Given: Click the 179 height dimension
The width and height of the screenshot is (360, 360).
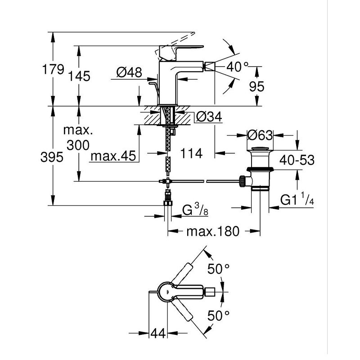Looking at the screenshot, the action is click(53, 69).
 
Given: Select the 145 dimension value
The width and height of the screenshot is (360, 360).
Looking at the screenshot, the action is click(79, 76).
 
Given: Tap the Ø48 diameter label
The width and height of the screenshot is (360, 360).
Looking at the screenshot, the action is click(129, 72).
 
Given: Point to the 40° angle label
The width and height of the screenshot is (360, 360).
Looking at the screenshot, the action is click(237, 67).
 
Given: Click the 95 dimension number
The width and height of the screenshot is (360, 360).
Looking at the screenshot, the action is click(256, 86).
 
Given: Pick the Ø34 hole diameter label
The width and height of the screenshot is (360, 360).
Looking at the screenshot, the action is click(209, 117).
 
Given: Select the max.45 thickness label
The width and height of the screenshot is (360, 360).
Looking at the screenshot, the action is click(113, 156).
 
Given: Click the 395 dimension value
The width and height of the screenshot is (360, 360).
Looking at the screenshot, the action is click(52, 157).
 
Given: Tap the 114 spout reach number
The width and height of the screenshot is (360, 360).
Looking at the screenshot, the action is click(192, 153).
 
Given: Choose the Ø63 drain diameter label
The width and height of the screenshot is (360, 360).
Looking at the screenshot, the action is click(260, 135).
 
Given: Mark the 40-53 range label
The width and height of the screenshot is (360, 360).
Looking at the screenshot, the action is click(297, 160).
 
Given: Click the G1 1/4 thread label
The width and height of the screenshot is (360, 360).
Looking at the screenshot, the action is click(297, 199).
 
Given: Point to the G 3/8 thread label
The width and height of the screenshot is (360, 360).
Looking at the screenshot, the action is click(195, 210).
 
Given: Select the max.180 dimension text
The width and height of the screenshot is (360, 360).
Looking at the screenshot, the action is click(213, 231).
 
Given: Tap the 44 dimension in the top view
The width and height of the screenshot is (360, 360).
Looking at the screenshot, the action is click(158, 333).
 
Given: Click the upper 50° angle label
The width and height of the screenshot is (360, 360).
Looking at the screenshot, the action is click(218, 269).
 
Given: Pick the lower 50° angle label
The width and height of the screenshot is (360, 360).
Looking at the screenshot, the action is click(218, 315).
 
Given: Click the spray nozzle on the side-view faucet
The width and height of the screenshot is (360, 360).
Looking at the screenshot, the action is click(210, 67).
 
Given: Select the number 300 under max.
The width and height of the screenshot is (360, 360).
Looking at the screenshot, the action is click(78, 145).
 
